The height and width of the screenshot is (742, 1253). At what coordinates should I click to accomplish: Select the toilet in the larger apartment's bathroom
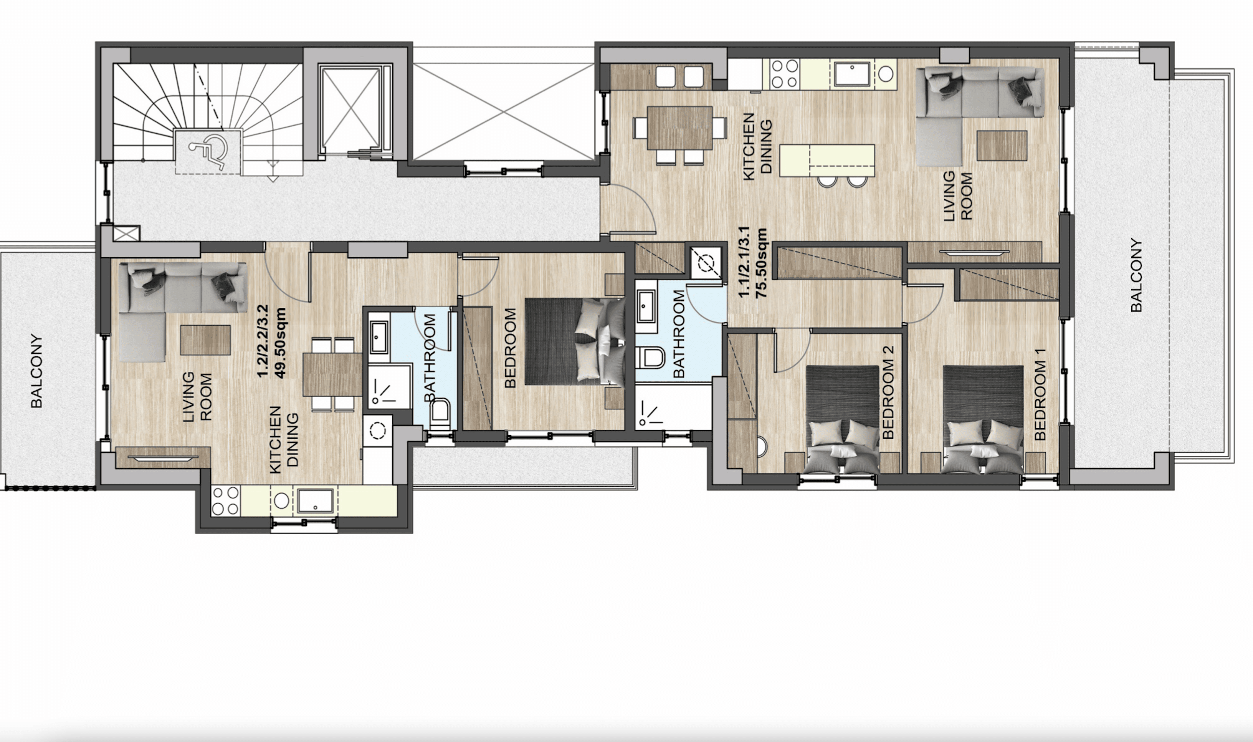(650, 358)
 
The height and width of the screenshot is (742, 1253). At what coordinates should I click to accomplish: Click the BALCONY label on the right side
(1136, 275)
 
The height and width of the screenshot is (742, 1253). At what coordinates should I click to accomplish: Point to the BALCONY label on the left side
(36, 371)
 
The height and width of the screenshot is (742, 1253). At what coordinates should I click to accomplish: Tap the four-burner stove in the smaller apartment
(225, 501)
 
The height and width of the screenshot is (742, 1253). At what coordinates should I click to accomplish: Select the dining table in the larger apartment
(679, 128)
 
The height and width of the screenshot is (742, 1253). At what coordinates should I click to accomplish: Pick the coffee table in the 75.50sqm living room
(1002, 146)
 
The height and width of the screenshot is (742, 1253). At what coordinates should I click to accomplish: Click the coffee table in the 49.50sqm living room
(205, 340)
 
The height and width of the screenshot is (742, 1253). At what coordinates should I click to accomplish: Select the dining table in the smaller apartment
(332, 374)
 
